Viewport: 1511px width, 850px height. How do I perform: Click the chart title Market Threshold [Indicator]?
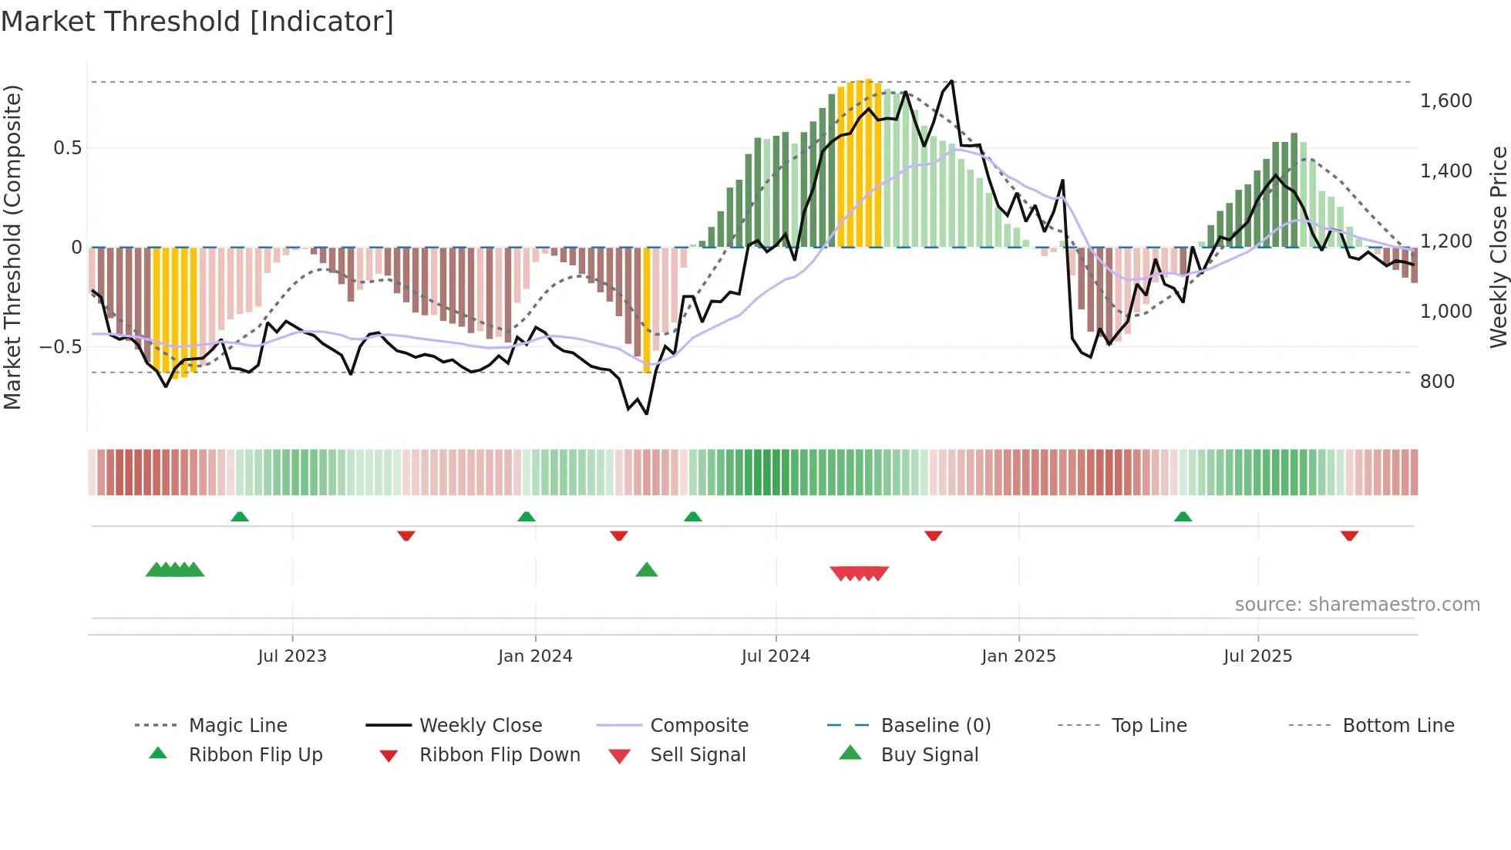tap(197, 22)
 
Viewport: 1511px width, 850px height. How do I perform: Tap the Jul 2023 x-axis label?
tap(292, 656)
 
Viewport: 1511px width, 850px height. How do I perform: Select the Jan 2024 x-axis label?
tap(535, 656)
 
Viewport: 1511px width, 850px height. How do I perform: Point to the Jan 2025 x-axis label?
tap(1018, 656)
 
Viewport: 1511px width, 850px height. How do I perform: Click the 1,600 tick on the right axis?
tap(1445, 101)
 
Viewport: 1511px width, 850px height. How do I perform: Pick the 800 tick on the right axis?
tap(1437, 382)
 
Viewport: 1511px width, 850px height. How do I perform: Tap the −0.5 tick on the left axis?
tap(61, 347)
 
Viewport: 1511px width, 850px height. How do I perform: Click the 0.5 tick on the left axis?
tap(67, 148)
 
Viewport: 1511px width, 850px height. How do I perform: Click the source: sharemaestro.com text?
tap(1357, 605)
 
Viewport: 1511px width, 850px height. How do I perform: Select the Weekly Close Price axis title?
tap(1498, 247)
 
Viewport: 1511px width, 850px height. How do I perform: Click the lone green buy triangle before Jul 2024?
tap(647, 570)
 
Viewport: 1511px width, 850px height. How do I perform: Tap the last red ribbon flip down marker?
tap(1349, 535)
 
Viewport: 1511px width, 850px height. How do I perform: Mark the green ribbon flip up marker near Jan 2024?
tap(527, 516)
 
